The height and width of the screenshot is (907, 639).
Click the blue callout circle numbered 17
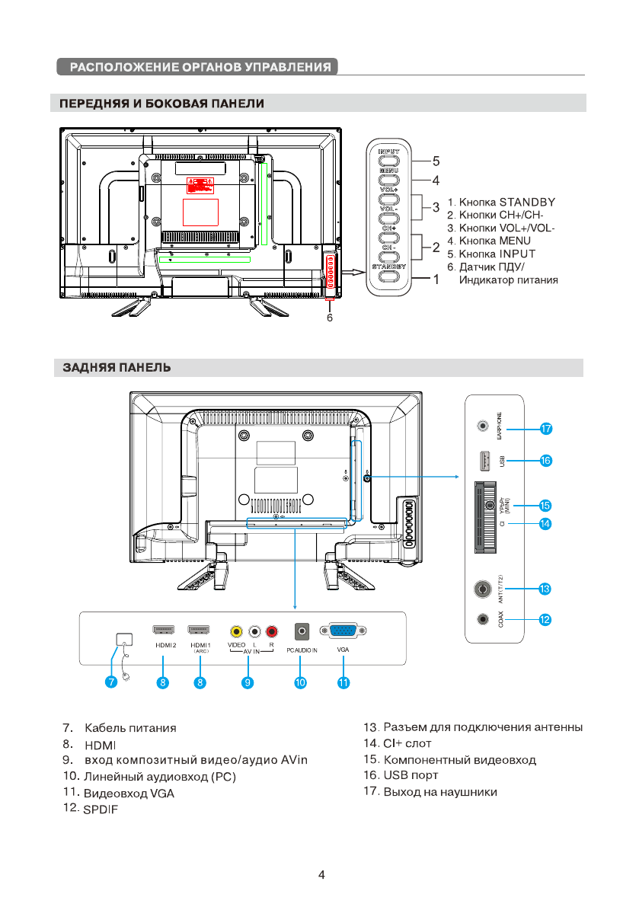pyautogui.click(x=545, y=430)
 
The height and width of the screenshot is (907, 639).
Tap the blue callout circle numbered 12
pyautogui.click(x=545, y=620)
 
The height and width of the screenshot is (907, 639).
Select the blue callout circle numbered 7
pyautogui.click(x=111, y=683)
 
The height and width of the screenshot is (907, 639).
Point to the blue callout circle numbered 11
pyautogui.click(x=343, y=683)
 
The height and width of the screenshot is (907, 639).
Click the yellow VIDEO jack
pyautogui.click(x=237, y=631)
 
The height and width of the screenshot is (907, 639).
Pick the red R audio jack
pyautogui.click(x=272, y=631)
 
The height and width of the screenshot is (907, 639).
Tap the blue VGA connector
pyautogui.click(x=343, y=631)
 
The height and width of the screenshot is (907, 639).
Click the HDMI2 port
pyautogui.click(x=165, y=631)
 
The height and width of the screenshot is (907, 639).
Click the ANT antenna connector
pyautogui.click(x=481, y=589)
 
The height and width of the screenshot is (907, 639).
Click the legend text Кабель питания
pyautogui.click(x=130, y=728)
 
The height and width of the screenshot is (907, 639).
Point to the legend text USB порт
pyautogui.click(x=411, y=776)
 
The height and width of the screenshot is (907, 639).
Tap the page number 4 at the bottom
pyautogui.click(x=321, y=875)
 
